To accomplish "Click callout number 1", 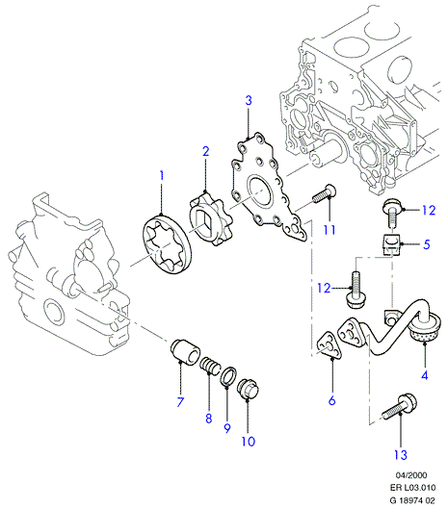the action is coord(162,176).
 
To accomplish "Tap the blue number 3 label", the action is coord(249,100).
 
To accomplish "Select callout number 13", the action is coord(401,455).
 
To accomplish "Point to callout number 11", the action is coord(329,230).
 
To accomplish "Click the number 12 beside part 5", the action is coord(429,211).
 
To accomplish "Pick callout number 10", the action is coord(248,441).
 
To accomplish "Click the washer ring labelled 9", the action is coord(228,375).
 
